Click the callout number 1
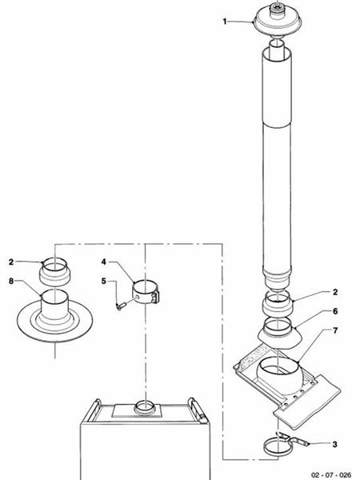226,22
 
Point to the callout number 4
105,262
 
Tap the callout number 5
105,281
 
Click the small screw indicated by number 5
122,305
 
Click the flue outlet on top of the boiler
145,406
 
